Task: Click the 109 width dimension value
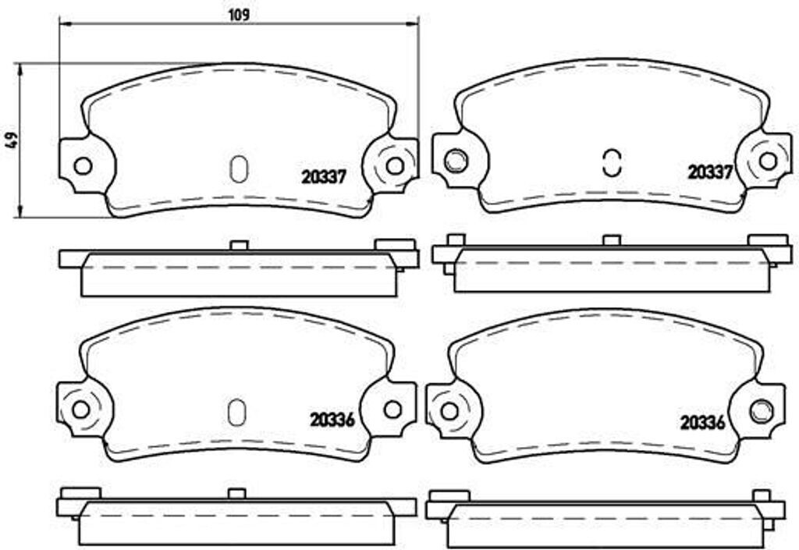[240, 14]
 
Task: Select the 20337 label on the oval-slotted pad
[324, 177]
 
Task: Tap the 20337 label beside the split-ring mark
[709, 172]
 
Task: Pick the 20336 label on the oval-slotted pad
[332, 420]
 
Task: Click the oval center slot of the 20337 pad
[240, 169]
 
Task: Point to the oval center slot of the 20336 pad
[236, 413]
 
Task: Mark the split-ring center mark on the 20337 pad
[612, 161]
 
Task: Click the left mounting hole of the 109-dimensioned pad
[82, 165]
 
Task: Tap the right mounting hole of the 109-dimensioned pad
[395, 165]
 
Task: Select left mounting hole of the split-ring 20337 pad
[454, 161]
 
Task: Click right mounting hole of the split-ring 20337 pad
[768, 161]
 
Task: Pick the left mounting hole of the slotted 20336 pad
[80, 409]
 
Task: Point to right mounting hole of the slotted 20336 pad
[392, 409]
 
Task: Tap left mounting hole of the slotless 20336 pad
[449, 410]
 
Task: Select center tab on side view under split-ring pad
[612, 240]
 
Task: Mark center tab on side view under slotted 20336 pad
[236, 493]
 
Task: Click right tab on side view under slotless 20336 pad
[762, 495]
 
